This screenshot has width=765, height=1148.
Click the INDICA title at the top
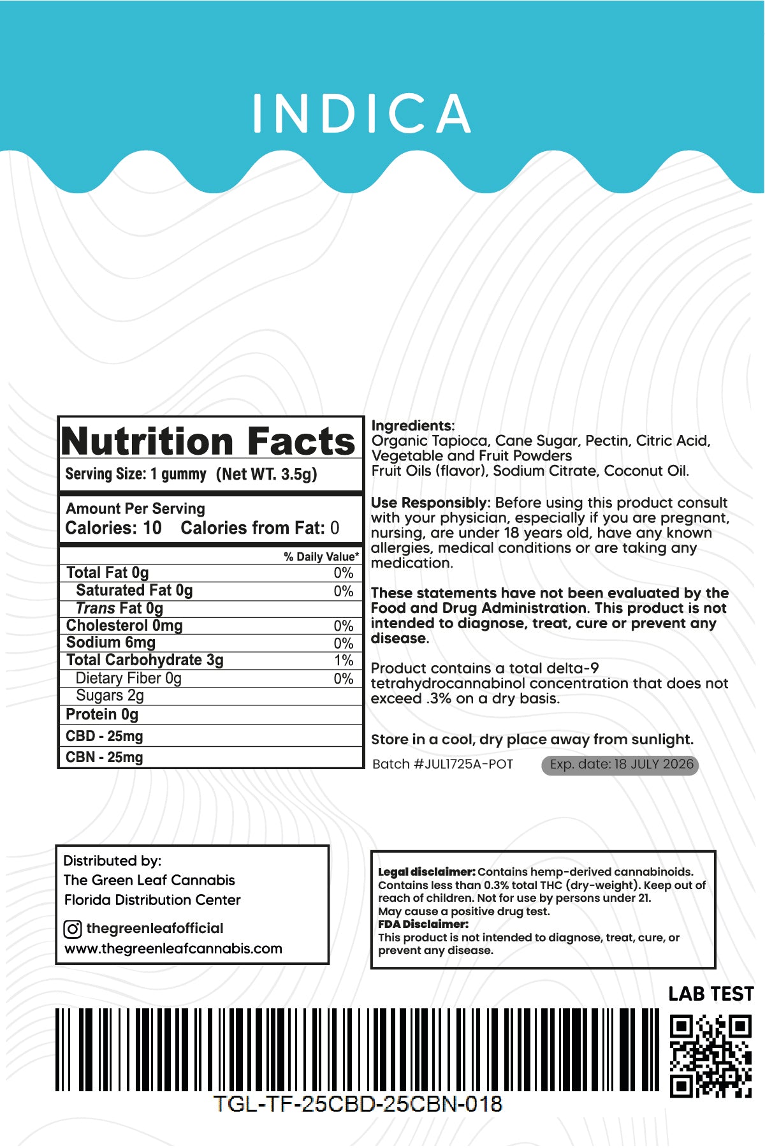[x=362, y=114]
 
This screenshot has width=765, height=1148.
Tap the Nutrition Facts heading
[x=208, y=441]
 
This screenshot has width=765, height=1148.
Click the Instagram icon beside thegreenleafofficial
[x=73, y=929]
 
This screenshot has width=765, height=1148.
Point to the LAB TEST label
[x=711, y=994]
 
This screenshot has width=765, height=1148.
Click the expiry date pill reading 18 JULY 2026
[x=620, y=765]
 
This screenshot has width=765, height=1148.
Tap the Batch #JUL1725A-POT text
[x=442, y=764]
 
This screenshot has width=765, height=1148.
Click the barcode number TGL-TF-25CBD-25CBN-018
[x=358, y=1104]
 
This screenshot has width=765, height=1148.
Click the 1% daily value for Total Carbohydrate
[x=343, y=661]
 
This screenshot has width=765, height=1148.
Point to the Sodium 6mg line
[x=111, y=642]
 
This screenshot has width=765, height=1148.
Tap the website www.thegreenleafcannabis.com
[x=173, y=948]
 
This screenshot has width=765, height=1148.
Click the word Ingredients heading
[x=412, y=425]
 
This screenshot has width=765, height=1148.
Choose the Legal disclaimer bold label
[x=426, y=872]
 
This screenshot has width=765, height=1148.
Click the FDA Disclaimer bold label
[x=423, y=924]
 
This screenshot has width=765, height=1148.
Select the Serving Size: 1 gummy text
[x=136, y=474]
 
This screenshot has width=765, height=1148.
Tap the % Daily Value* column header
[x=321, y=557]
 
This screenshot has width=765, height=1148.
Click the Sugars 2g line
[x=110, y=695]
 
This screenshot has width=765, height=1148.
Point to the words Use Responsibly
[x=429, y=503]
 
